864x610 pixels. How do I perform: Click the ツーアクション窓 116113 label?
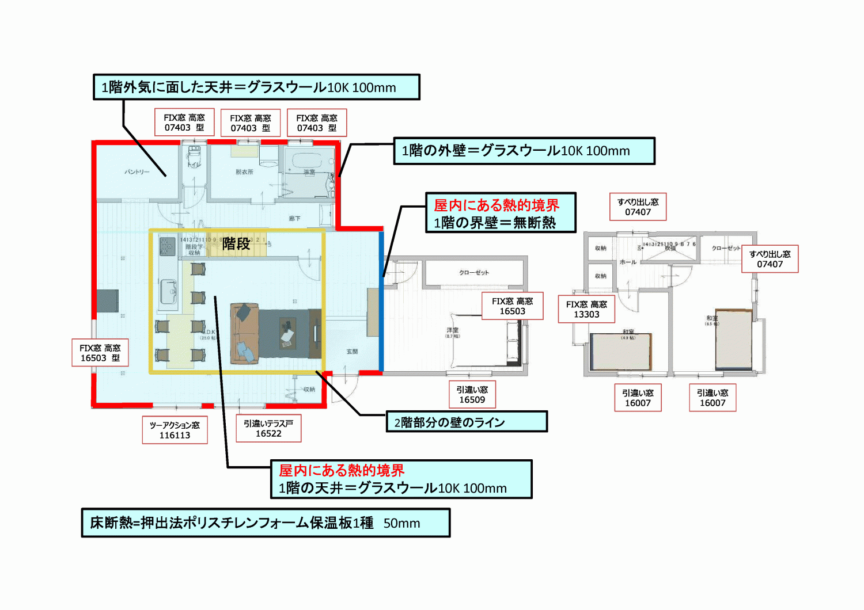pos(175,430)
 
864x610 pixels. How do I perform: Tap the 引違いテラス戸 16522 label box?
pos(268,428)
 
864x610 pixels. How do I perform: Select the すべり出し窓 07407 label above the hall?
pos(638,207)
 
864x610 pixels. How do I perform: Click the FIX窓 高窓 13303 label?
pos(586,309)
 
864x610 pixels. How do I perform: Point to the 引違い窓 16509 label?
pos(472,395)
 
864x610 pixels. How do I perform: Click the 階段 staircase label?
pos(236,243)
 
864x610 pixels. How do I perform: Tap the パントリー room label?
pos(137,171)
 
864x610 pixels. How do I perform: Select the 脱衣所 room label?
pos(244,172)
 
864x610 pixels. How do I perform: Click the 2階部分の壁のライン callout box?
pos(466,422)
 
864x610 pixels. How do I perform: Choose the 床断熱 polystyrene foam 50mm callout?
pos(266,523)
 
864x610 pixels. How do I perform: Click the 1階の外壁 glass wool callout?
pos(524,151)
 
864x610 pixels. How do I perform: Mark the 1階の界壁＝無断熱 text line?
pos(495,223)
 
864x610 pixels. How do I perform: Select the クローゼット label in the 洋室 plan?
pos(473,272)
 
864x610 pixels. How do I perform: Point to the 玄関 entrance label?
pos(352,351)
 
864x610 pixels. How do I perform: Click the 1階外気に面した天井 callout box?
pos(256,87)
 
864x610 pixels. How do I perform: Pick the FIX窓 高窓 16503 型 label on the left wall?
pos(100,353)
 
